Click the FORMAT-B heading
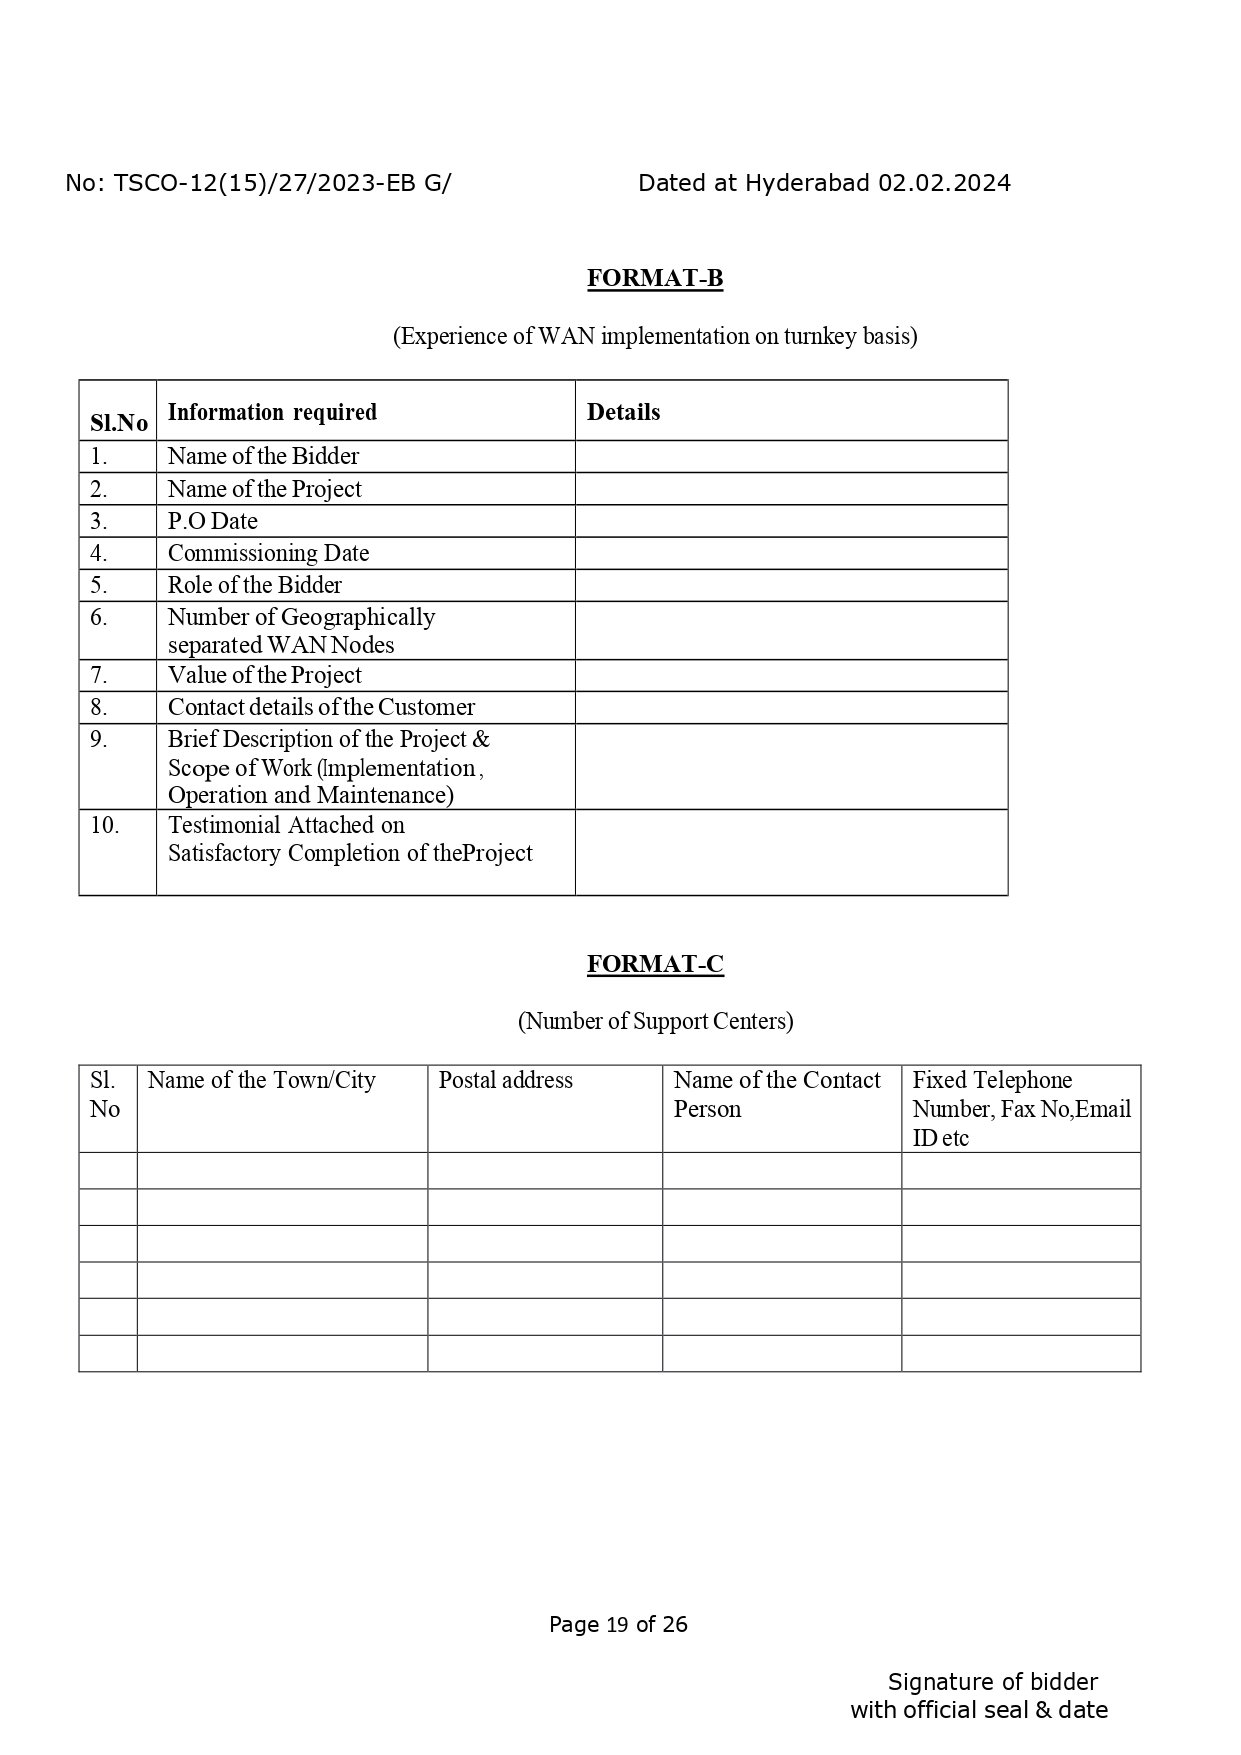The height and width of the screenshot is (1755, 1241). tap(654, 278)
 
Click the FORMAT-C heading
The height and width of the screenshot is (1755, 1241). tap(654, 964)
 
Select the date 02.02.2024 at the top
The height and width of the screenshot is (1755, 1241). tap(944, 183)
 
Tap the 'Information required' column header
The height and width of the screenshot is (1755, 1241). tap(272, 412)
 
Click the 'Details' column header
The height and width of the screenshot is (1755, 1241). tap(623, 412)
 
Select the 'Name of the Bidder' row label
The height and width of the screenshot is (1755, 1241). tap(263, 456)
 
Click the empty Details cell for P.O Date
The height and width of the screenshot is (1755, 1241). tap(790, 521)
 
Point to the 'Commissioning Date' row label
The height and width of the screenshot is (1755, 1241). tap(268, 553)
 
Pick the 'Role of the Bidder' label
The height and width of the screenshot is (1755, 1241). tap(254, 585)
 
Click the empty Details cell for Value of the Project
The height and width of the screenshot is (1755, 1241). tap(790, 675)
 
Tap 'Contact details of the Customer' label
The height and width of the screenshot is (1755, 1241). tap(321, 707)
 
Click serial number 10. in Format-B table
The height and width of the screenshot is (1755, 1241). tap(104, 825)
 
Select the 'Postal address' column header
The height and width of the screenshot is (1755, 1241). tap(505, 1080)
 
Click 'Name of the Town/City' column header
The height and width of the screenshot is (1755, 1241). tap(261, 1080)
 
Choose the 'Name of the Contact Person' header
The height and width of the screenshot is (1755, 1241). tap(776, 1094)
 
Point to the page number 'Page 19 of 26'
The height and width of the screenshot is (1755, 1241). tap(618, 1624)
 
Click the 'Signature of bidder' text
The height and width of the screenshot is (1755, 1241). tap(992, 1682)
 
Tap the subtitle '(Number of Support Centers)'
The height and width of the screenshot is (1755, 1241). tap(654, 1021)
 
